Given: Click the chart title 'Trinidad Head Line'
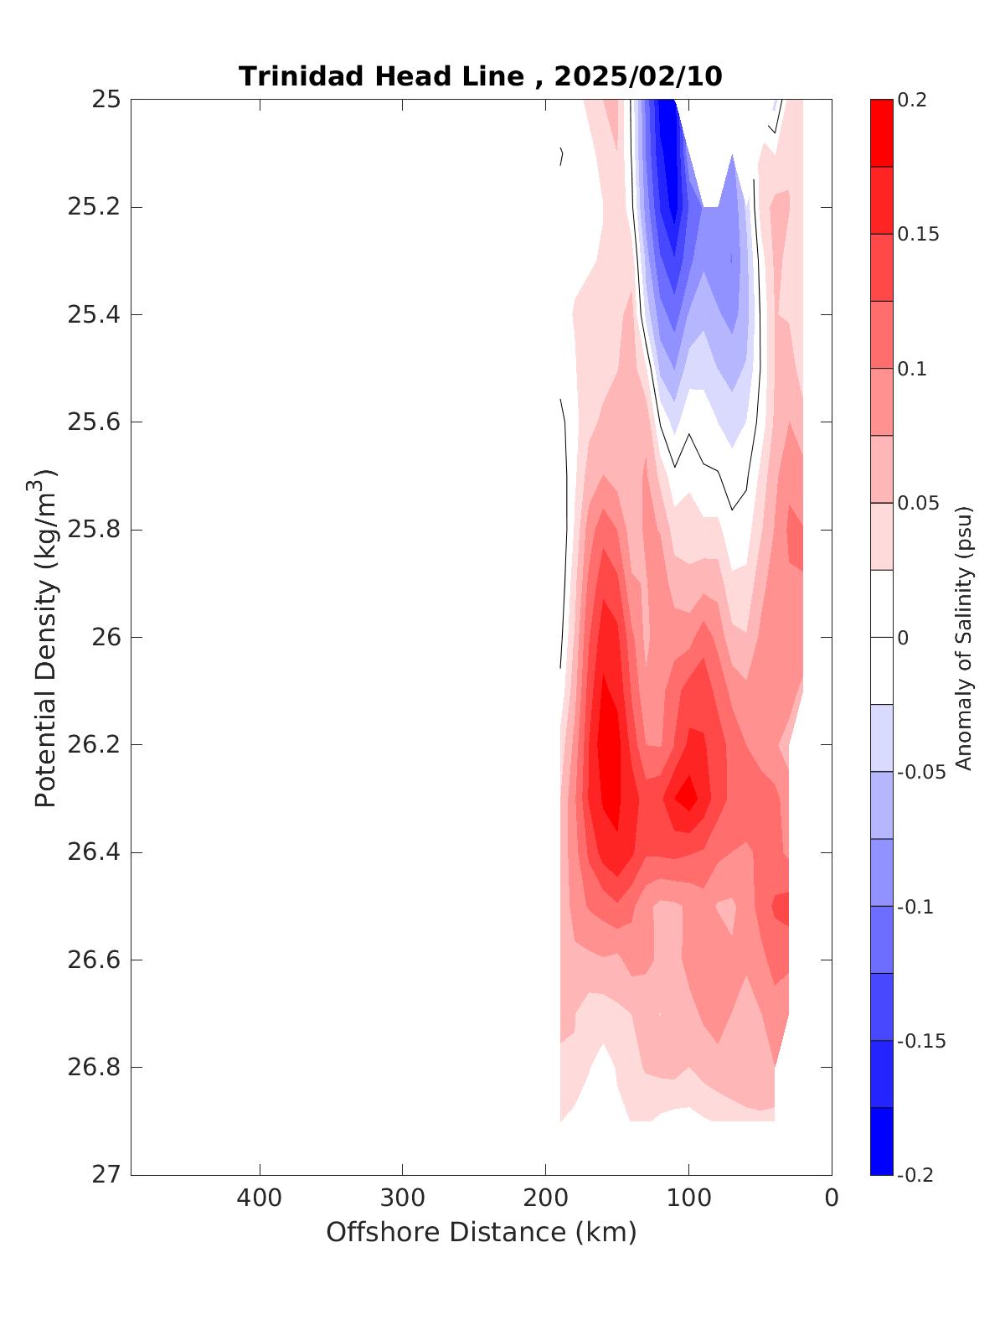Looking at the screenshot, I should click(381, 76).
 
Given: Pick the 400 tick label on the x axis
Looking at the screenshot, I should click(260, 1198).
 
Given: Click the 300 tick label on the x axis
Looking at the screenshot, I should click(403, 1198).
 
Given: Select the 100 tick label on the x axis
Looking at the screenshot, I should click(688, 1198).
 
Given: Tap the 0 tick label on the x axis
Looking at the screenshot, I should click(832, 1198).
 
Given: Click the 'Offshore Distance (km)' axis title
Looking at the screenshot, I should click(481, 1232).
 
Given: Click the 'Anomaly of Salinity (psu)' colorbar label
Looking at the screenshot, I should click(964, 637).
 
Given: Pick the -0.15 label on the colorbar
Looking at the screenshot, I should click(920, 1041).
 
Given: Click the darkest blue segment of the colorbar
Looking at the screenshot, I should click(881, 1141).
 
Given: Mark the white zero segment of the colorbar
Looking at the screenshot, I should click(881, 637).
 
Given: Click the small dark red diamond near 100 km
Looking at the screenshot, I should click(688, 792).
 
